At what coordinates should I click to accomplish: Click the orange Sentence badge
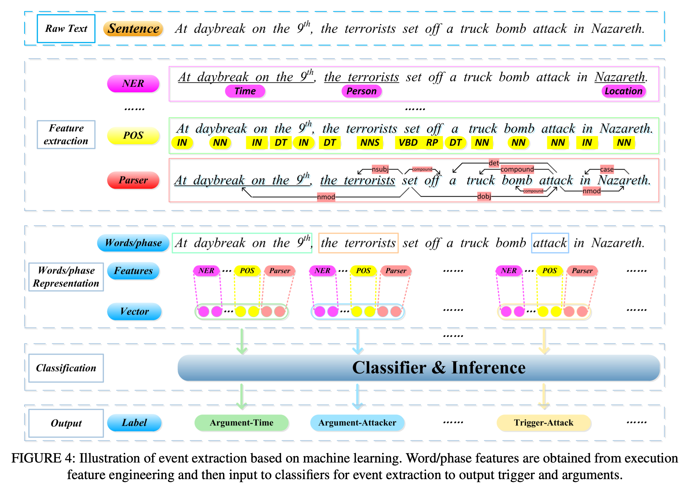click(x=133, y=29)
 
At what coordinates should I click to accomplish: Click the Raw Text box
click(x=66, y=29)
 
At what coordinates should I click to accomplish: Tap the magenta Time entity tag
click(x=245, y=91)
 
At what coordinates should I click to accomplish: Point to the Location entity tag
click(x=623, y=91)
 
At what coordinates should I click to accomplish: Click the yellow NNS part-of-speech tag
click(x=369, y=142)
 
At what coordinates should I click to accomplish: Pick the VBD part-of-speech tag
click(x=408, y=142)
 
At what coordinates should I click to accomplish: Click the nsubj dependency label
click(x=380, y=169)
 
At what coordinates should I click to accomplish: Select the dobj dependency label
click(x=484, y=196)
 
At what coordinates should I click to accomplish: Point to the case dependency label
click(x=606, y=169)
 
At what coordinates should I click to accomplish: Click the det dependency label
click(x=494, y=163)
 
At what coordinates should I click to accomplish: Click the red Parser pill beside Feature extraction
click(x=133, y=180)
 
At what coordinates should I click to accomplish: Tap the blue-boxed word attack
click(x=550, y=243)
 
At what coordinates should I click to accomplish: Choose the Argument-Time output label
click(x=241, y=422)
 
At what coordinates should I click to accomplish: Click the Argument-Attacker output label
click(x=357, y=422)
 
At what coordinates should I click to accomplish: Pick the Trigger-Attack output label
click(x=544, y=422)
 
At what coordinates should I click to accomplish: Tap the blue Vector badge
click(x=134, y=311)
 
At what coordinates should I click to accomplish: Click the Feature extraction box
click(x=66, y=134)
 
